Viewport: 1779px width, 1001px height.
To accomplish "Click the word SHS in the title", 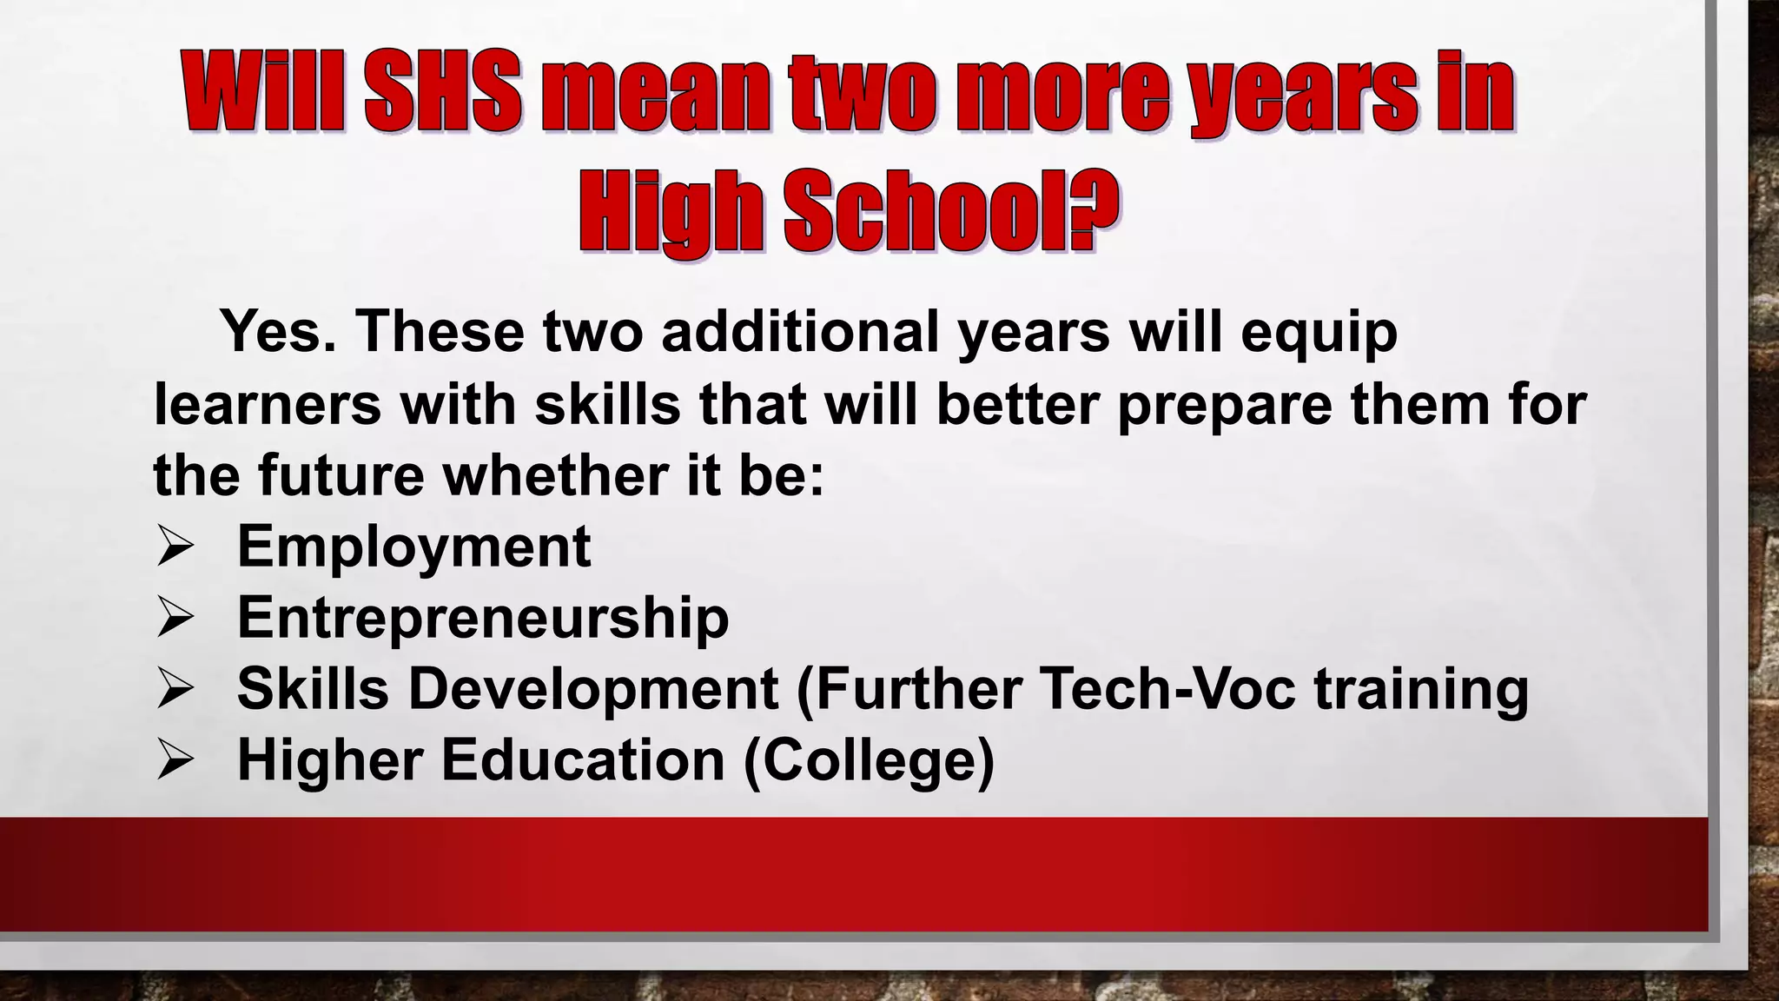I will click(x=443, y=92).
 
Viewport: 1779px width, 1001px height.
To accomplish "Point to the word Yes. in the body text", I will click(x=278, y=331).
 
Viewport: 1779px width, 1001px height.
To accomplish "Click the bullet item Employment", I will click(x=413, y=548).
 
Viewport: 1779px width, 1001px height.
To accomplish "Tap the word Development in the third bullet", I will click(x=594, y=689).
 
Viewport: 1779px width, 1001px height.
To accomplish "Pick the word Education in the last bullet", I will click(x=583, y=760).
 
